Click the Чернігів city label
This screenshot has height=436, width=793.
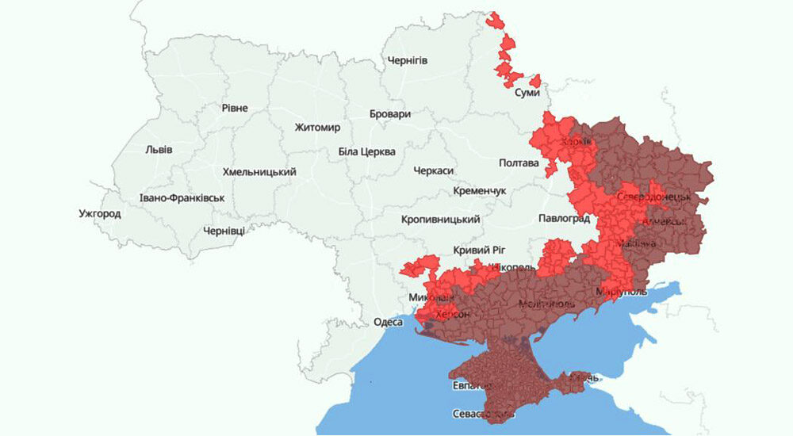coord(407,60)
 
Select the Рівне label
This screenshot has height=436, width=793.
coord(235,108)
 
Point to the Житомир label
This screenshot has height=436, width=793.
coord(316,128)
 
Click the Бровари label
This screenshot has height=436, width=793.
coord(390,114)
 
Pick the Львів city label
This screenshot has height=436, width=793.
coord(159,150)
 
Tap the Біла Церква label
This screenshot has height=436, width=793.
coord(366,151)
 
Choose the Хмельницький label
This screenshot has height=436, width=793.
coord(259,172)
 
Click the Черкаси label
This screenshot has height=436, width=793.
coord(433,171)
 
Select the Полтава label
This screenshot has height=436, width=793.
coord(519,163)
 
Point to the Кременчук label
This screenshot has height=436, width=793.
coord(479,192)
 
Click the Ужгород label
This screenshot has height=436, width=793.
coord(100,214)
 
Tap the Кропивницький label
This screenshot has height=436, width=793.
coord(440,219)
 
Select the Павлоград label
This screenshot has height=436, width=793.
coord(564,218)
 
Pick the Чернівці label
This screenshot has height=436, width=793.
coord(224,230)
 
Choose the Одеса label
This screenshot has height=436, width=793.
coord(389,323)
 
